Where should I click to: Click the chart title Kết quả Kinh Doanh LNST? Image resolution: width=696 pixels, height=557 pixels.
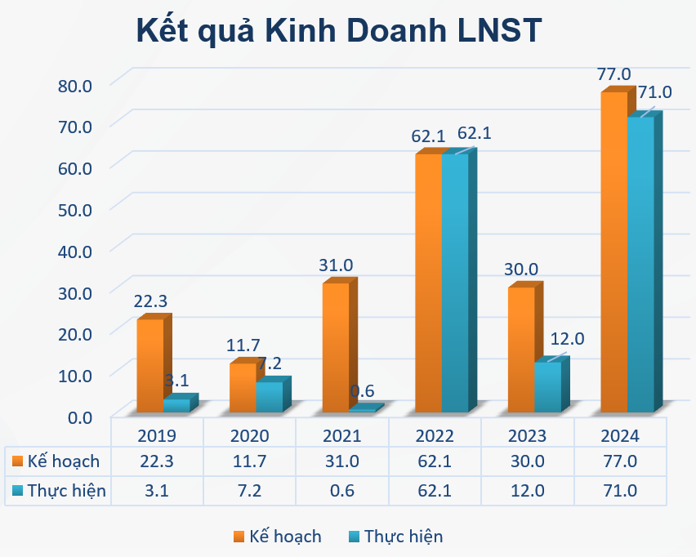[x=338, y=31]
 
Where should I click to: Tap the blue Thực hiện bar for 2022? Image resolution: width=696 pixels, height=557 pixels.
[x=455, y=283]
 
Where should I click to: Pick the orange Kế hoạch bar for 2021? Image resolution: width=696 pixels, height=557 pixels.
[x=336, y=347]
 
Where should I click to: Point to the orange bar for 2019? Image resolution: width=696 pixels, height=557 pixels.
[x=149, y=365]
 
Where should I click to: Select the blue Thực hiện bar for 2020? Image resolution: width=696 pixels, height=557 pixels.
[x=269, y=397]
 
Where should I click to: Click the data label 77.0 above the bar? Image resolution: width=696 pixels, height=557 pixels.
[x=613, y=74]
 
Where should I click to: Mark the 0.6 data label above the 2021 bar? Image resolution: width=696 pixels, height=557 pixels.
[x=362, y=391]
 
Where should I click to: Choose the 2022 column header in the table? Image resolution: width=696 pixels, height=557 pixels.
[x=435, y=434]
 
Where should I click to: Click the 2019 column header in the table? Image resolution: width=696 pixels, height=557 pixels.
[x=157, y=434]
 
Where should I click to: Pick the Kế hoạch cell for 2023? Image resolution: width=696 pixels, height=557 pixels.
[x=528, y=461]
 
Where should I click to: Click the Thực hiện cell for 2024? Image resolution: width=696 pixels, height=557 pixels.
[x=620, y=491]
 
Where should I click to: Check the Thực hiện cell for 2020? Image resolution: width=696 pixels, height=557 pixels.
[x=250, y=491]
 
